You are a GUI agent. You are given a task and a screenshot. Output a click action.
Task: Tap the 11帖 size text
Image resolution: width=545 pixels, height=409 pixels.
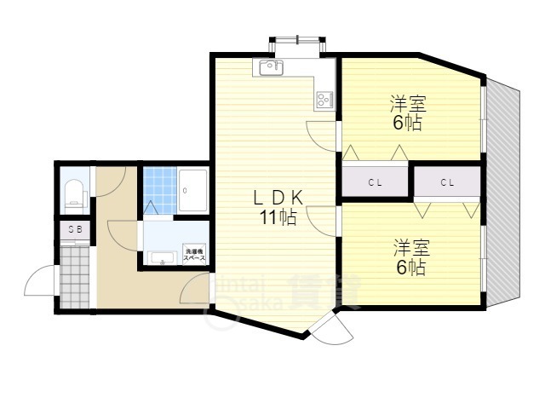tap(278, 218)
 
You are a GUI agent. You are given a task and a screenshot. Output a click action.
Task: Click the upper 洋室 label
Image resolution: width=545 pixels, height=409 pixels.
tap(408, 104)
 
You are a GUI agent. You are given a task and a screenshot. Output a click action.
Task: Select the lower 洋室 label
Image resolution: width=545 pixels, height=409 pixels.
tap(410, 249)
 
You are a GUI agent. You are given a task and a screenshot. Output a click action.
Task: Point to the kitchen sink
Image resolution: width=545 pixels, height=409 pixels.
tap(269, 66)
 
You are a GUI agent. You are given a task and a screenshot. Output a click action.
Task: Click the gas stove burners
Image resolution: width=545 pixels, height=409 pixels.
tap(324, 100)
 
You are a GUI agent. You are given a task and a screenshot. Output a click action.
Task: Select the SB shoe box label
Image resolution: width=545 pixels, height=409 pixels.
tap(74, 230)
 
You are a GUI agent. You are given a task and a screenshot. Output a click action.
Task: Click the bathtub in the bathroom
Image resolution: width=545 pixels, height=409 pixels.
tap(193, 187)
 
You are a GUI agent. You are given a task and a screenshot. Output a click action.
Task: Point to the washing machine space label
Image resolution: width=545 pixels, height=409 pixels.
tap(193, 254)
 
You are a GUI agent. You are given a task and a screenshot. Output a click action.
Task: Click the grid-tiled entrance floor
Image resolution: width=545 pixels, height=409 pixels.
tap(75, 274)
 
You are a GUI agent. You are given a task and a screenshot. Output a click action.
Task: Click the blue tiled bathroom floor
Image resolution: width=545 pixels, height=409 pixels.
tap(159, 182)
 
